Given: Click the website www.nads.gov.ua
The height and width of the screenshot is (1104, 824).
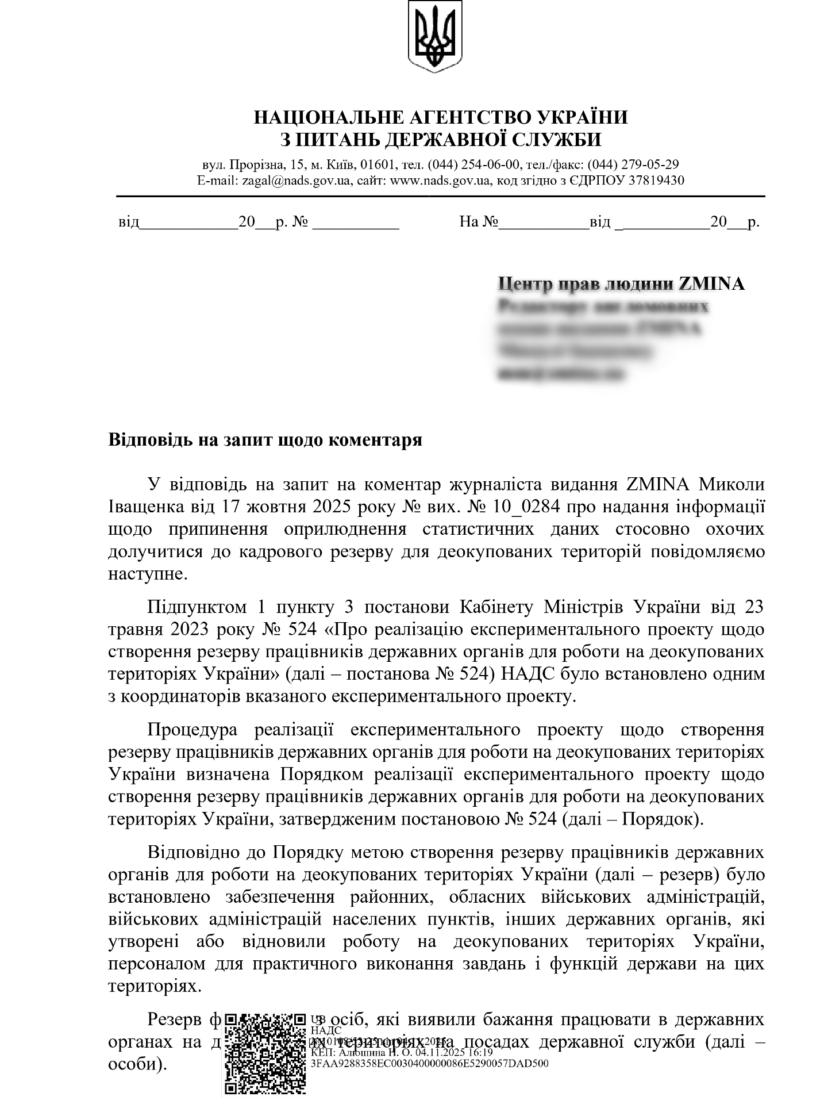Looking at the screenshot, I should (x=441, y=181).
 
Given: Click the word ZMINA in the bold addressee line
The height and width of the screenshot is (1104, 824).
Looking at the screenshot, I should (x=711, y=283).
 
